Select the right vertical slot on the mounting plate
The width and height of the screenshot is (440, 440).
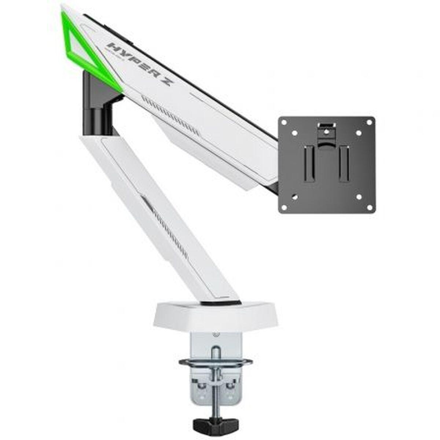[x=344, y=163]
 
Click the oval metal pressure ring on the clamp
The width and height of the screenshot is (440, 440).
[x=216, y=363]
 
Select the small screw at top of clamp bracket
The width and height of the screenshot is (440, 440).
[x=216, y=334]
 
